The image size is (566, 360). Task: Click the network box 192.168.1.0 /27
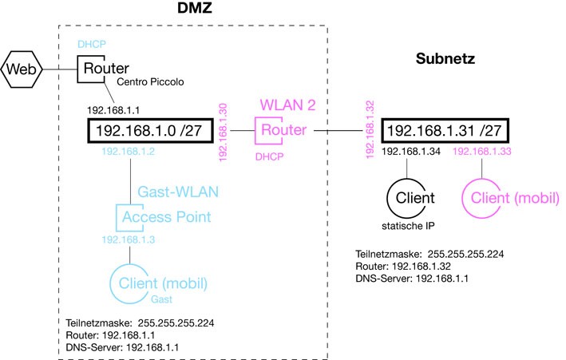(x=152, y=130)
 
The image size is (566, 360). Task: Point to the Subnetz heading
(x=445, y=59)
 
